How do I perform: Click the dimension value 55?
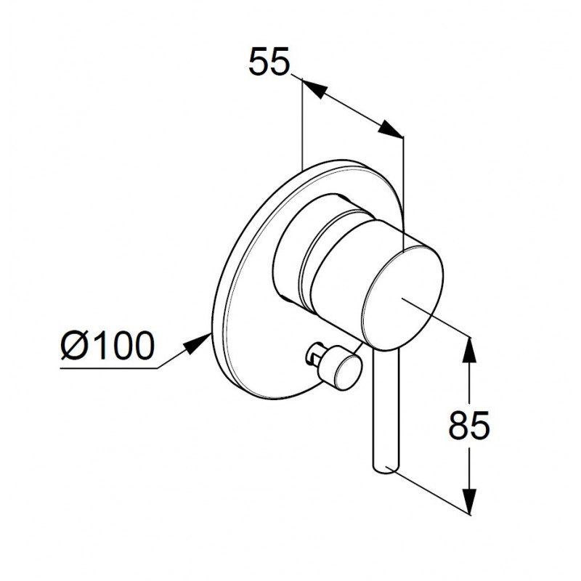click(x=268, y=62)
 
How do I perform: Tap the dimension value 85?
click(x=469, y=426)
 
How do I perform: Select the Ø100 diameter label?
click(x=107, y=345)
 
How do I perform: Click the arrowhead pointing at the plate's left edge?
click(x=197, y=343)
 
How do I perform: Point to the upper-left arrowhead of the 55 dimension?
click(x=315, y=88)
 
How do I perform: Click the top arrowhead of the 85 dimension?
click(x=469, y=349)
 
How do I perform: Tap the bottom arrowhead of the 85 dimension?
click(x=469, y=501)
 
